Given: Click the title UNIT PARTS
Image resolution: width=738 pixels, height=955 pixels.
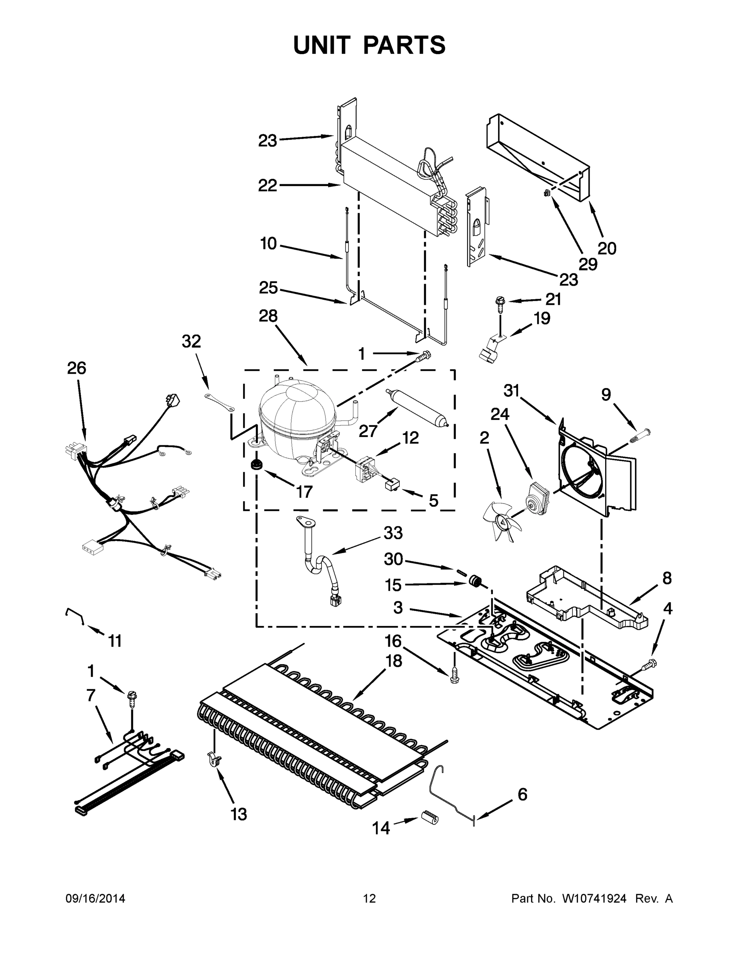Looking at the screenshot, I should (369, 45).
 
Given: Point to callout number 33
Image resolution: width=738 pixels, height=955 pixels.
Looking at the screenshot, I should (393, 533).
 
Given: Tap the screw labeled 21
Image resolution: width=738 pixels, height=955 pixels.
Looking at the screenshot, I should (500, 302).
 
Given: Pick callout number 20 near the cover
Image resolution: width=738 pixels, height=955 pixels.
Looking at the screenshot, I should (607, 248).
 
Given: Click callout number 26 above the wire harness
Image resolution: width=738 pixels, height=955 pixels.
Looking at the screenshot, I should (76, 368).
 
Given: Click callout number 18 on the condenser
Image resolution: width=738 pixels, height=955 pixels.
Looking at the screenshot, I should (394, 661).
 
